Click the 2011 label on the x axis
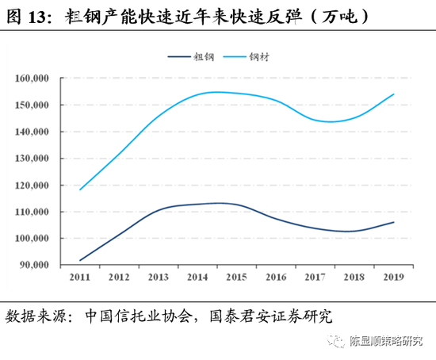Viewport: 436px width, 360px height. click(80, 278)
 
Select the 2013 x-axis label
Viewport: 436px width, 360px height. click(159, 278)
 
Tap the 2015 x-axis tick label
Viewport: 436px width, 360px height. click(237, 278)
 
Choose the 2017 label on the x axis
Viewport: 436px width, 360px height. click(316, 278)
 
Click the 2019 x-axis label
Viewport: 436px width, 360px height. click(394, 278)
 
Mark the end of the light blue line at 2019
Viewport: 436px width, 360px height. click(394, 94)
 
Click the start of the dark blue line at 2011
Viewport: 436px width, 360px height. click(80, 260)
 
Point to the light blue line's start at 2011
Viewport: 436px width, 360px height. click(80, 190)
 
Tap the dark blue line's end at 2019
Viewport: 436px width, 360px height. click(394, 222)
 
